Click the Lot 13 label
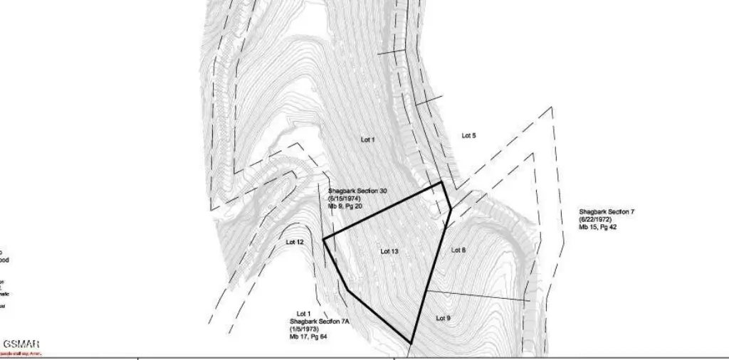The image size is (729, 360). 389,251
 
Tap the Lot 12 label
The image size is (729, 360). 295,242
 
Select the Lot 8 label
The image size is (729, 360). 458,250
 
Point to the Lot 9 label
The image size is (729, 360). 443,318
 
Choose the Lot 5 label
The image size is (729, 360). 468,135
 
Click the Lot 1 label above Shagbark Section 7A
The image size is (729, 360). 304,313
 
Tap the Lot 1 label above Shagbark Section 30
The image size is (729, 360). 367,140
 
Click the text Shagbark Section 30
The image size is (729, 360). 357,191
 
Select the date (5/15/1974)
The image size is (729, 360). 346,198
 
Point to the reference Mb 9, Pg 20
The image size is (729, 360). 345,206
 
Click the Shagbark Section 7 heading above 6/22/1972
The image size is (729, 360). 607,212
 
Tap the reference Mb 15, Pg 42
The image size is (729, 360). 598,227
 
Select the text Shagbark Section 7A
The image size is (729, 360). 319,322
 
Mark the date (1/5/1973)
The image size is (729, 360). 305,329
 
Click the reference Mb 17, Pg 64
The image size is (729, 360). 308,337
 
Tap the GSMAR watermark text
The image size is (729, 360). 22,345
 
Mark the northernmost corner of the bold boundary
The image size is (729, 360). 442,183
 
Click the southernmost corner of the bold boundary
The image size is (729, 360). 411,342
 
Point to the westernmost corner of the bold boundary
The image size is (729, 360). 324,239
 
